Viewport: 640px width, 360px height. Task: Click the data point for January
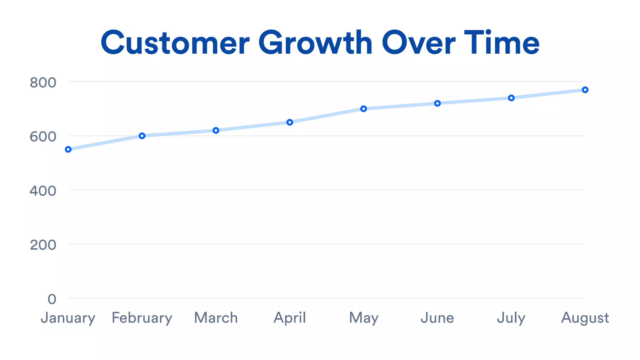tap(68, 149)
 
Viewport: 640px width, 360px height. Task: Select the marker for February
tap(142, 136)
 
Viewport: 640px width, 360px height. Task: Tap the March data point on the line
tap(216, 130)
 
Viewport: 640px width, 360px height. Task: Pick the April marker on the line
tap(290, 122)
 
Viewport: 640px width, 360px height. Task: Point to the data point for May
tap(363, 109)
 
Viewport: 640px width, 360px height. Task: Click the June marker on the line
tap(437, 103)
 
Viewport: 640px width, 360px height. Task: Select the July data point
tap(511, 98)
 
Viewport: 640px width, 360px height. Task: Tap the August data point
tap(585, 90)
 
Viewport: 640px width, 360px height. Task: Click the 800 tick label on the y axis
tap(43, 83)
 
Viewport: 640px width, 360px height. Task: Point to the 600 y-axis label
tap(43, 137)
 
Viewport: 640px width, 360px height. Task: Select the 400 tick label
tap(43, 191)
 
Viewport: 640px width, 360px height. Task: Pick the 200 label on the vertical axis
tap(43, 245)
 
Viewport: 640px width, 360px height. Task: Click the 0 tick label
tap(52, 299)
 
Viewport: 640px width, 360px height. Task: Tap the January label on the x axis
tap(68, 318)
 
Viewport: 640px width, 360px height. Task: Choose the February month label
tap(142, 318)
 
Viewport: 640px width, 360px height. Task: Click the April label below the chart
tap(290, 318)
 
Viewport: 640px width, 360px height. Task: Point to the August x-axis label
tap(585, 318)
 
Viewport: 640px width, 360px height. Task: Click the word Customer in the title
tap(175, 43)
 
